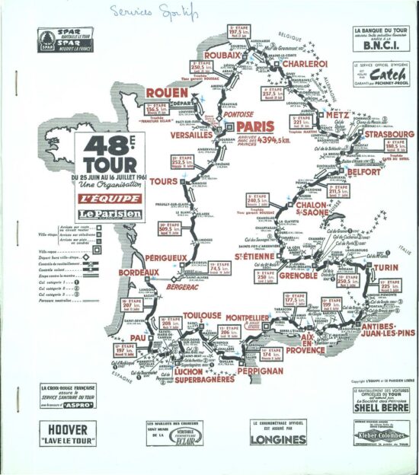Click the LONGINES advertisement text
tap(278, 439)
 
